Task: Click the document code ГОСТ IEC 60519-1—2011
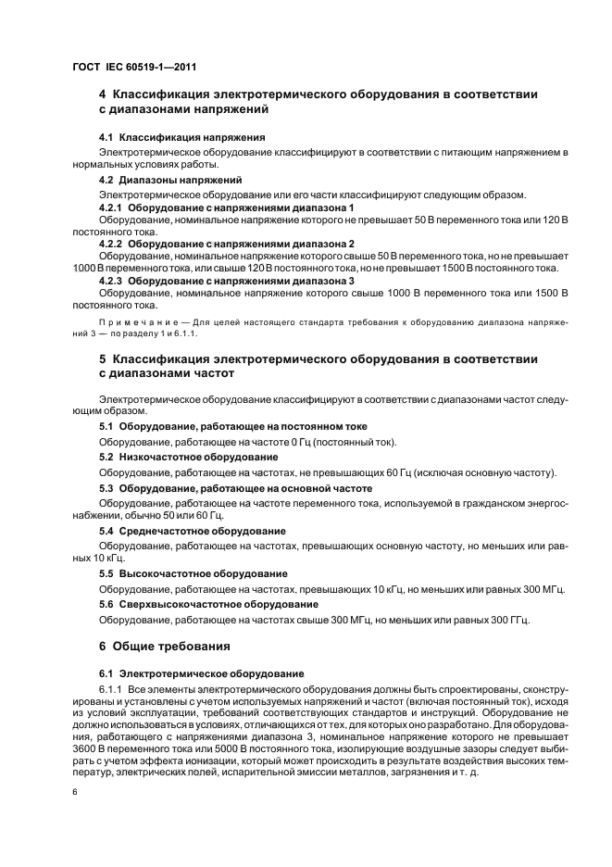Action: (x=133, y=68)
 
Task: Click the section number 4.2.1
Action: (x=111, y=208)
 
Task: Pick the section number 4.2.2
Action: (x=111, y=244)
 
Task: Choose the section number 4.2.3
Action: (x=111, y=280)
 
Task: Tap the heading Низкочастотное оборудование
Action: (x=188, y=458)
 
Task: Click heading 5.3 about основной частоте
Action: (x=235, y=488)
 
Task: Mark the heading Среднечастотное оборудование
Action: (x=192, y=531)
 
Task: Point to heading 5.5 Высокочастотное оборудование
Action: (x=192, y=573)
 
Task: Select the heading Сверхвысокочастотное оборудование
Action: (x=207, y=604)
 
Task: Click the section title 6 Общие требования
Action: (x=165, y=645)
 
